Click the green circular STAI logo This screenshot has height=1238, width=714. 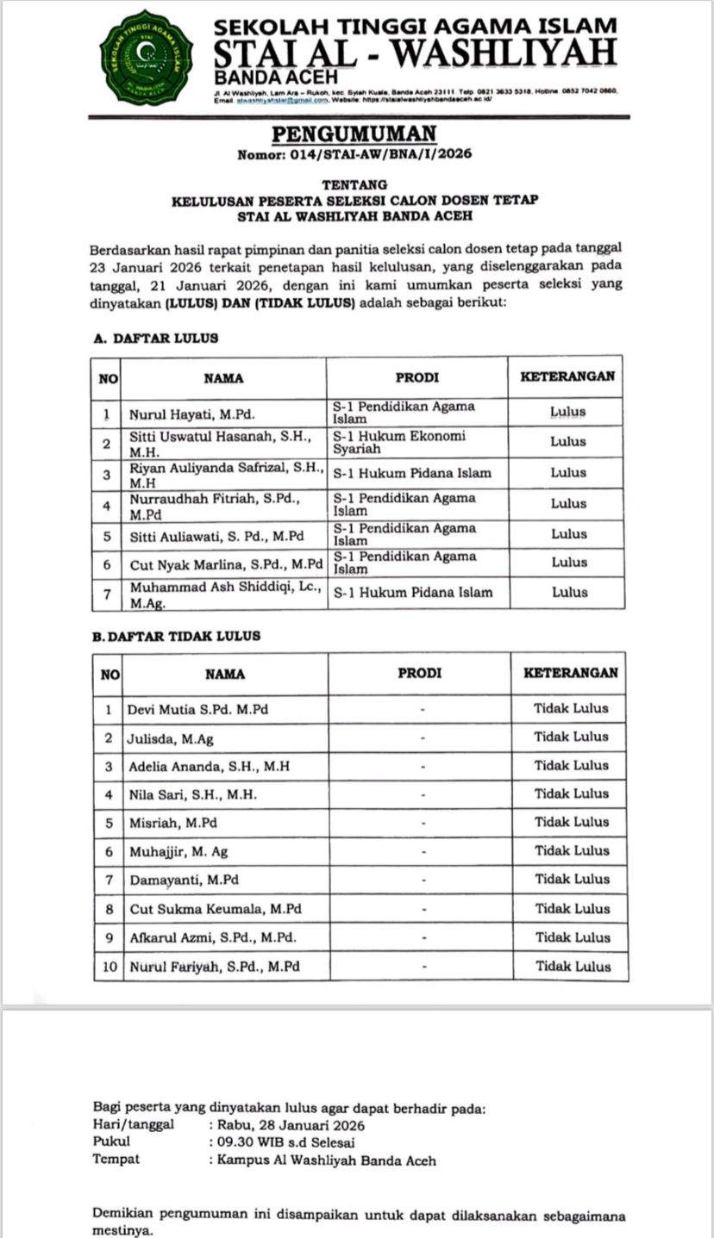[146, 56]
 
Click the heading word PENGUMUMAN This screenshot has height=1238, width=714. [355, 134]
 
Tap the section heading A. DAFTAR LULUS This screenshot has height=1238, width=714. [155, 339]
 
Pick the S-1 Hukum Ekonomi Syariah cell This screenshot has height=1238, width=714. [399, 442]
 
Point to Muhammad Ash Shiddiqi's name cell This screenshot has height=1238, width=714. [225, 594]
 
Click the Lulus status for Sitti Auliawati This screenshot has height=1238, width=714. [568, 534]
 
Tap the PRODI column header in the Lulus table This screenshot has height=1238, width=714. [416, 377]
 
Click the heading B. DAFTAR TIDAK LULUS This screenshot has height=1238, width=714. [176, 636]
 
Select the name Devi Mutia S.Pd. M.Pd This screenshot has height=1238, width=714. [197, 709]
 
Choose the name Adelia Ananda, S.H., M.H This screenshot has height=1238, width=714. [210, 765]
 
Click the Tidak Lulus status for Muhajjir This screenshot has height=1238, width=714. [571, 850]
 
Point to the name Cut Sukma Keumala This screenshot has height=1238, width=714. [216, 908]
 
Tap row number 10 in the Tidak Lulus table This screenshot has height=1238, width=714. [109, 967]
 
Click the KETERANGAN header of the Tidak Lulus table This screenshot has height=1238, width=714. [571, 673]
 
